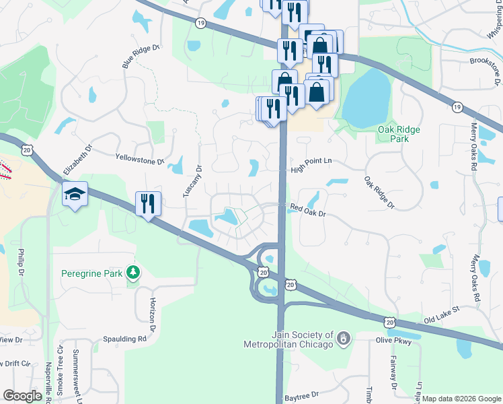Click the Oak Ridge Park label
coord(399,134)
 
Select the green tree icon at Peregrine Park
coord(134,272)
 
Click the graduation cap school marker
coord(74,195)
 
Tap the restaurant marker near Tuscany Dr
coord(148,203)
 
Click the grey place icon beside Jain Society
coord(344,338)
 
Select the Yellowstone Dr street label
coord(140,161)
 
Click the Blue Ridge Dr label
coord(141,56)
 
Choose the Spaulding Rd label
coord(124,339)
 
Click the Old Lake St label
coord(440,310)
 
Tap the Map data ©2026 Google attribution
coord(461,399)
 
